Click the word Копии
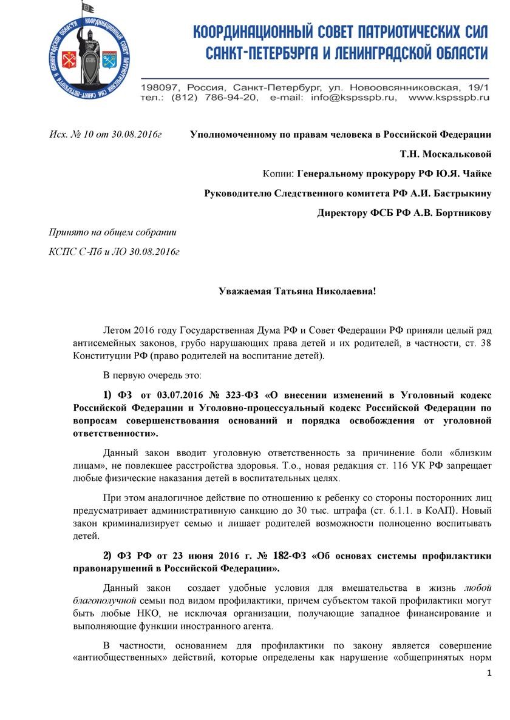277,173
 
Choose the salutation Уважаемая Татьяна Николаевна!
297,291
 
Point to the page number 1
489,675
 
